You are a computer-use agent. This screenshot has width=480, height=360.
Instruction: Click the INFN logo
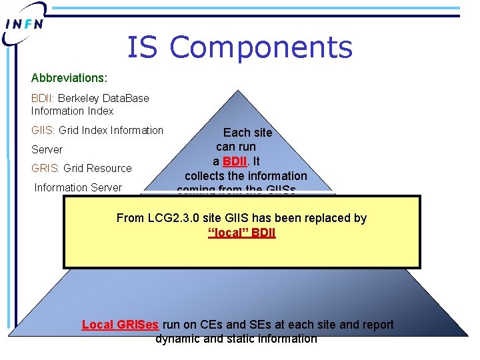click(x=25, y=23)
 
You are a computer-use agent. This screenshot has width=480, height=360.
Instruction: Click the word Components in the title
click(x=261, y=48)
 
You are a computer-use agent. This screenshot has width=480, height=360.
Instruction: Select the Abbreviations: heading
click(x=69, y=79)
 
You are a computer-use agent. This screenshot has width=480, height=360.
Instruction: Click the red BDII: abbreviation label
click(x=43, y=98)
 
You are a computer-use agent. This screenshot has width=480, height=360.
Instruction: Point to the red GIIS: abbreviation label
click(x=43, y=130)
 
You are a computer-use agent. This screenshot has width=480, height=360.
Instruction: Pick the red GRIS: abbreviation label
click(x=45, y=168)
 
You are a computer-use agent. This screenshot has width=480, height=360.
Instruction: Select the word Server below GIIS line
click(x=47, y=149)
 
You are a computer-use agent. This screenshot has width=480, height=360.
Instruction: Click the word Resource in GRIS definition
click(x=107, y=168)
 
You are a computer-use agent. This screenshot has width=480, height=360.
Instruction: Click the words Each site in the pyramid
click(x=247, y=132)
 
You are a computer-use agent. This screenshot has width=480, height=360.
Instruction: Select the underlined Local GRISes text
click(x=120, y=325)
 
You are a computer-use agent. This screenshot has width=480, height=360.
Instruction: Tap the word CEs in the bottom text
click(x=211, y=325)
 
